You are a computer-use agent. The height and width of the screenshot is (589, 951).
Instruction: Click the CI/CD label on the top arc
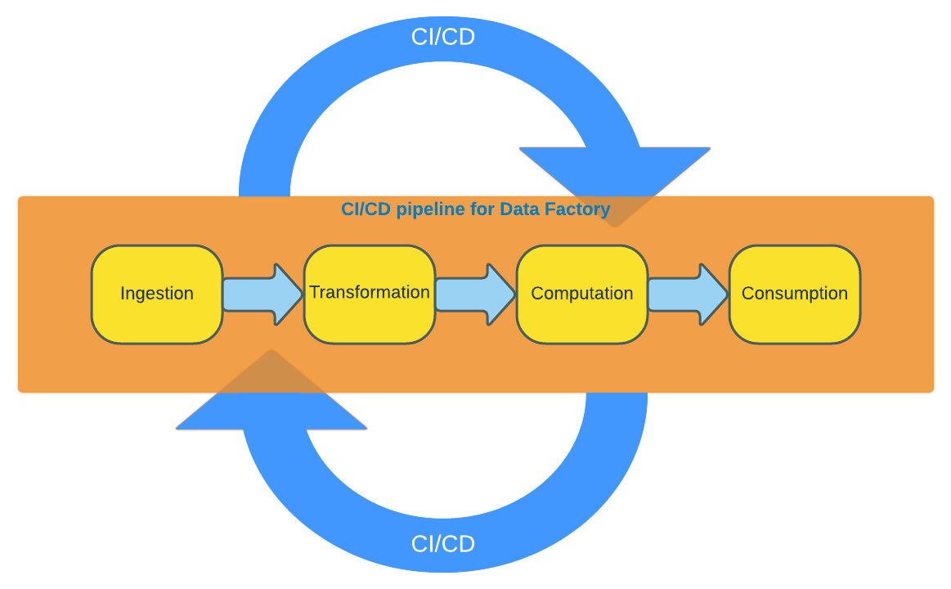point(443,37)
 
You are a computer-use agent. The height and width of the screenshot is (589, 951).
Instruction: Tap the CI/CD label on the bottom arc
point(443,544)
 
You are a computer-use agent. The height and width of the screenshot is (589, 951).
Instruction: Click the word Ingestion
point(157,294)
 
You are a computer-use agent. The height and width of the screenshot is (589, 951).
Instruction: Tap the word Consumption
point(795,294)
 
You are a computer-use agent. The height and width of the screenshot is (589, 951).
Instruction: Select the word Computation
point(582,294)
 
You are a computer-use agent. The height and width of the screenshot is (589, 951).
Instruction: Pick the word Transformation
point(370,292)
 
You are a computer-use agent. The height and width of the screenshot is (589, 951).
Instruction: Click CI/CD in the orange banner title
point(366,209)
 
